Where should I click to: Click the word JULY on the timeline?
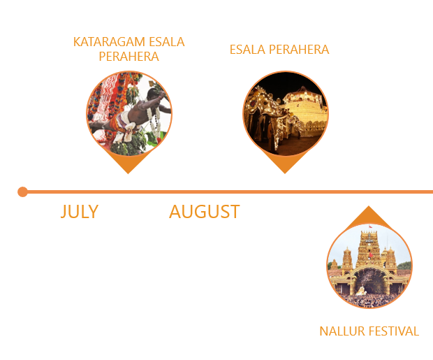pos(79,211)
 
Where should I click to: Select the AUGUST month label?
pos(204,211)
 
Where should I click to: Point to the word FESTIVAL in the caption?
pos(395,331)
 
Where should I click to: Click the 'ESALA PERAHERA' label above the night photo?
pos(279,50)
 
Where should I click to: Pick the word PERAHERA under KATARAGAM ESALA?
pos(129,57)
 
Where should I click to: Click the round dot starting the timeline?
pos(23,192)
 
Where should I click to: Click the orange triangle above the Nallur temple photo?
pos(369,215)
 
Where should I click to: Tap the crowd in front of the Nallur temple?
pos(369,299)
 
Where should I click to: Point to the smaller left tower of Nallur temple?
pos(347,259)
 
